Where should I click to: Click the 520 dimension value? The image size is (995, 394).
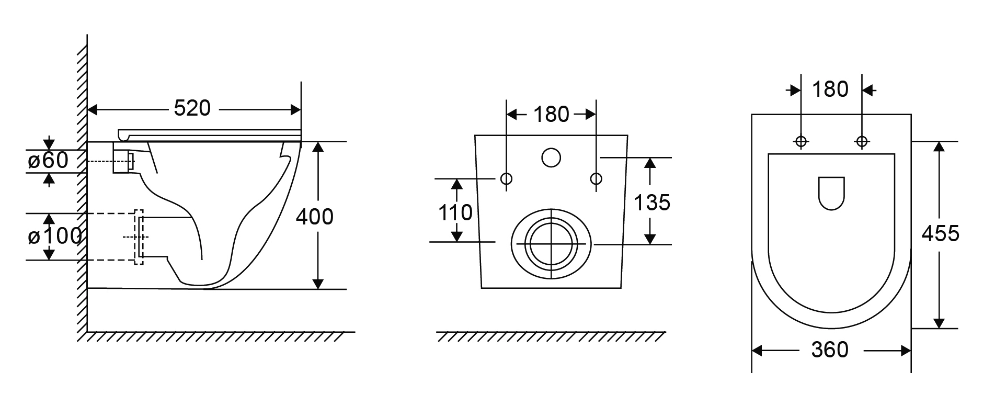(192, 108)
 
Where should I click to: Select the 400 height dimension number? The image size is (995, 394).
(314, 216)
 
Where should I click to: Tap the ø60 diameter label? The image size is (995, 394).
(48, 160)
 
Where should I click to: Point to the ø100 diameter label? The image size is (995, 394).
(54, 237)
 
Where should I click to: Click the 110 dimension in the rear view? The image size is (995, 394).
(455, 212)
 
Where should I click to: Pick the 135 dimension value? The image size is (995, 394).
(651, 202)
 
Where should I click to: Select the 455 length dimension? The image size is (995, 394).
(940, 233)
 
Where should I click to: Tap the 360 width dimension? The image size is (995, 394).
(830, 350)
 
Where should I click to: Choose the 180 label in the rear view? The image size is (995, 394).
(551, 114)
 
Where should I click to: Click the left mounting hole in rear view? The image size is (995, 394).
(506, 179)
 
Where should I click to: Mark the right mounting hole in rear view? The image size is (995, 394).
(596, 179)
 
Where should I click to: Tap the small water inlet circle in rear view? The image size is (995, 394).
(551, 157)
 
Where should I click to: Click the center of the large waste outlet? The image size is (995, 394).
(551, 244)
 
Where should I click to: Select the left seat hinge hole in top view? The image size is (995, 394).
(800, 141)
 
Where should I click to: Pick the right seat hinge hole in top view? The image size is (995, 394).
(862, 141)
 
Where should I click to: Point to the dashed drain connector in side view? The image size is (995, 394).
(139, 237)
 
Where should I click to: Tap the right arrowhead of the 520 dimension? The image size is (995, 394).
(296, 110)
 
